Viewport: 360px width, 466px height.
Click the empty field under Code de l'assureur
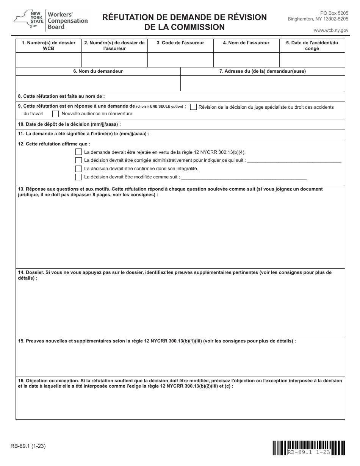[180, 60]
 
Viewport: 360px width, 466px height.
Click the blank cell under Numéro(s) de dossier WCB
[49, 60]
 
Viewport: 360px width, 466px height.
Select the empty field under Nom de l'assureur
[246, 60]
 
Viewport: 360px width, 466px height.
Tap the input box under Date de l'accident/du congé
[312, 60]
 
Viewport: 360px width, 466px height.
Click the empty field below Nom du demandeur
[98, 83]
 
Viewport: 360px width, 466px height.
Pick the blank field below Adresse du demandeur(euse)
[263, 83]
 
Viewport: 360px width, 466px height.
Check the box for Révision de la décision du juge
[193, 107]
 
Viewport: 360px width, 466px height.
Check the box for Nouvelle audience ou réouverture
[55, 113]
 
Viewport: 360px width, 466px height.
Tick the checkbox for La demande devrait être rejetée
[78, 152]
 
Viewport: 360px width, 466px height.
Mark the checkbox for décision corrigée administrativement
[78, 160]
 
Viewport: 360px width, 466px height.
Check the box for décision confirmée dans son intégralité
[78, 169]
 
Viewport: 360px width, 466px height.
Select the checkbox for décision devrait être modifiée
[78, 177]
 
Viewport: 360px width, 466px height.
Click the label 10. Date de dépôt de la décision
[69, 124]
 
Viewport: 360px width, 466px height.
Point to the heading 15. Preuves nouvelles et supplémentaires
[157, 341]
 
